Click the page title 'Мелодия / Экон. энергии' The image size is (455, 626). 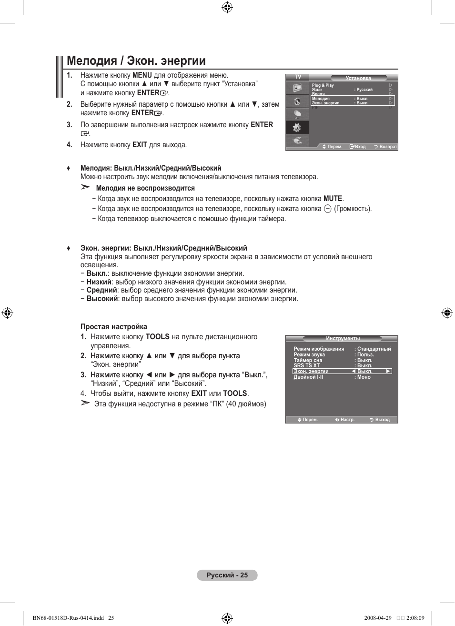pyautogui.click(x=136, y=61)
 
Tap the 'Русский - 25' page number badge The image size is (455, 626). pyautogui.click(x=227, y=575)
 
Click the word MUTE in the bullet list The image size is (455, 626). pyautogui.click(x=333, y=199)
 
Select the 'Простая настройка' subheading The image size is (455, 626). pyautogui.click(x=113, y=327)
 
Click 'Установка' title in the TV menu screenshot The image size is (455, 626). pyautogui.click(x=358, y=78)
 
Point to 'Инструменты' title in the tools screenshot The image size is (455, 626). pyautogui.click(x=343, y=339)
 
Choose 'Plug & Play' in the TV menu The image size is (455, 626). pyautogui.click(x=323, y=85)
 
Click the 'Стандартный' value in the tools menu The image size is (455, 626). pyautogui.click(x=374, y=349)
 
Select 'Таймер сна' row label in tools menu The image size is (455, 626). pyautogui.click(x=308, y=360)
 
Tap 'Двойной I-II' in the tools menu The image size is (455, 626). pyautogui.click(x=308, y=377)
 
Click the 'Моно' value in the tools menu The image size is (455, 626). pyautogui.click(x=364, y=377)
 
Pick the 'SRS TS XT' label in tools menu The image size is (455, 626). pyautogui.click(x=306, y=365)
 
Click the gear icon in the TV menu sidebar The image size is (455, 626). pyautogui.click(x=297, y=128)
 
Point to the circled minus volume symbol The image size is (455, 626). pyautogui.click(x=327, y=209)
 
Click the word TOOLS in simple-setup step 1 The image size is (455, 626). pyautogui.click(x=157, y=337)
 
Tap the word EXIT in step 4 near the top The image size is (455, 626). pyautogui.click(x=140, y=145)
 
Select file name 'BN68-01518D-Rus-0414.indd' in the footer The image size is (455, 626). pyautogui.click(x=68, y=618)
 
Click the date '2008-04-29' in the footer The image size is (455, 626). pyautogui.click(x=377, y=618)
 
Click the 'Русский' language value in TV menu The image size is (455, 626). pyautogui.click(x=364, y=90)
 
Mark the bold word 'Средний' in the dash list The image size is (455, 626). pyautogui.click(x=101, y=290)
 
